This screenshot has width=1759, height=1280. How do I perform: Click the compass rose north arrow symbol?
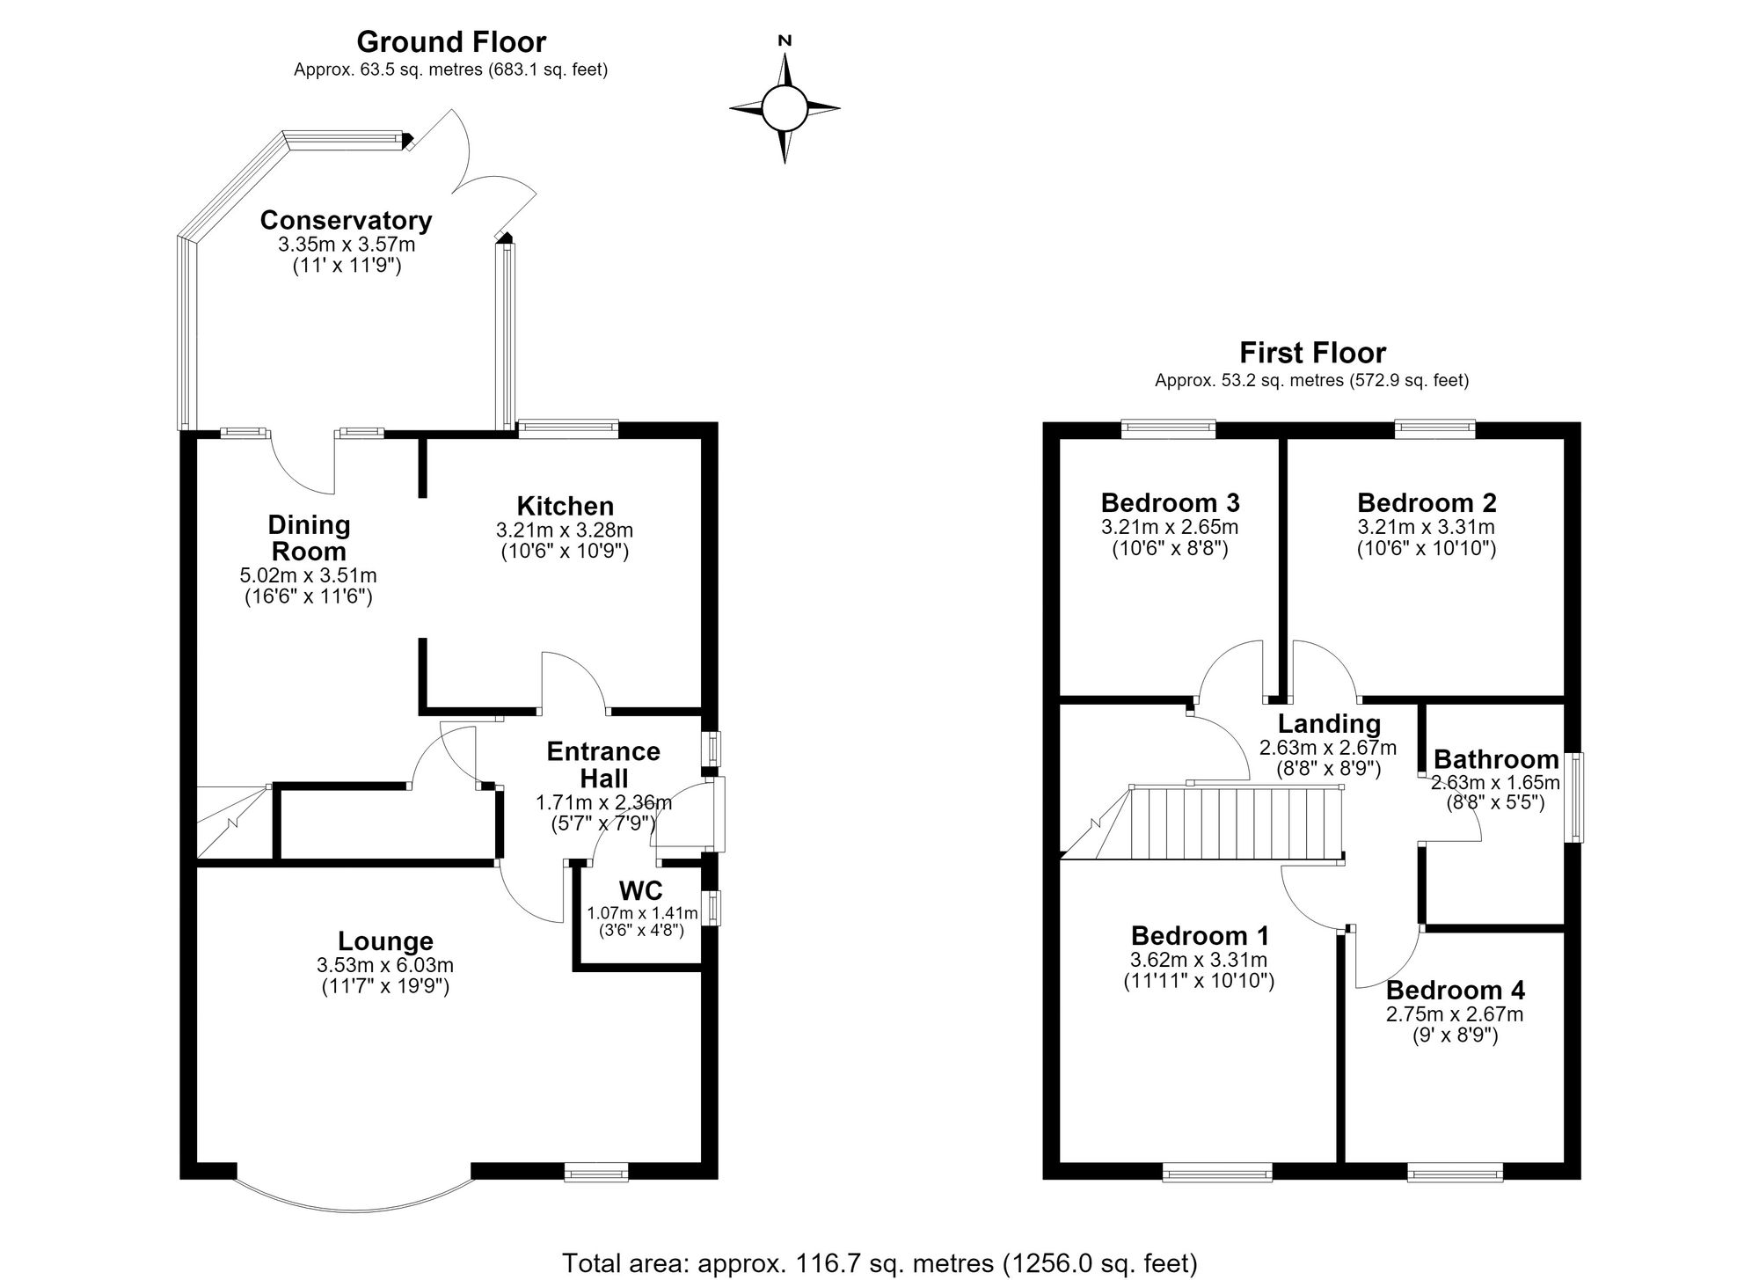pos(785,107)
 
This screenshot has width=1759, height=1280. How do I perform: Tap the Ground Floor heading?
pos(451,41)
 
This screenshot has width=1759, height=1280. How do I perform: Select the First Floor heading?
pos(1312,353)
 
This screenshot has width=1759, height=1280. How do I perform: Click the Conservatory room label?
pos(346,220)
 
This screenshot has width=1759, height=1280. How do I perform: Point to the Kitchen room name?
pos(565,506)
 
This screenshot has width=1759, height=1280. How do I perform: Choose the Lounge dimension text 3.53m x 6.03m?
pos(385,966)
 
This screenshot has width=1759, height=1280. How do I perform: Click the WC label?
pos(641,889)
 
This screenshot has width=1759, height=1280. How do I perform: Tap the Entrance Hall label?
pos(603,764)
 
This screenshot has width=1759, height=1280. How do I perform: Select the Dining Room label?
pos(309,538)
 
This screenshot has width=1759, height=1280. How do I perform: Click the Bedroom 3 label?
pos(1170,502)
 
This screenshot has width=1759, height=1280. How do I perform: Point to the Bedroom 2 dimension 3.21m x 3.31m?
pos(1426,528)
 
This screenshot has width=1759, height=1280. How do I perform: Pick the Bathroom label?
pos(1496,759)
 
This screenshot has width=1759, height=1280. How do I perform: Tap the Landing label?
pos(1329,724)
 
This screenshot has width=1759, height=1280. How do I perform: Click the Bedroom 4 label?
pos(1456,991)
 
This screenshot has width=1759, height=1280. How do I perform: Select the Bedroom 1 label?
pos(1200,935)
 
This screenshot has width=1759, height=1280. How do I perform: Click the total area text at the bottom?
pos(879,1263)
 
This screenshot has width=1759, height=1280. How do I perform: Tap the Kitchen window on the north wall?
pos(567,428)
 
